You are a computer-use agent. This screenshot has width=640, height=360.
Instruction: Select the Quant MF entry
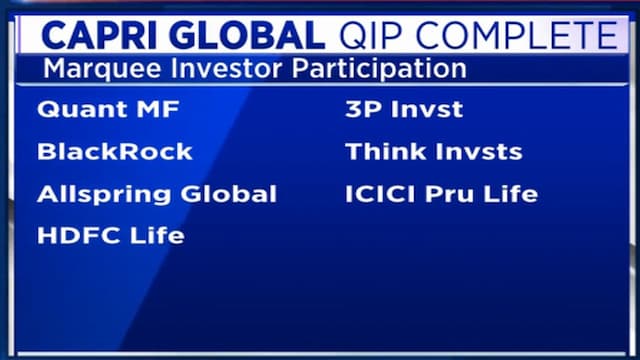pos(98,110)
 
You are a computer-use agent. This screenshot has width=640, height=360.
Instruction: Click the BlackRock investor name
pos(114,152)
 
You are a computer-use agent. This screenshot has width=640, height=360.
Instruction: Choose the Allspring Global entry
pos(156,194)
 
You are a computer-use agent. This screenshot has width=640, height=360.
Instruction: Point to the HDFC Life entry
pos(110,236)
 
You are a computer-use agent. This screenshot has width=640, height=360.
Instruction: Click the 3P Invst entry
pos(404,110)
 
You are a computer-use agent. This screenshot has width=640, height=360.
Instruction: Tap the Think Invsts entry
pos(433,152)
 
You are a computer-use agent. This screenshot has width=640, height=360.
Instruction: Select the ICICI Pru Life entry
pos(441,194)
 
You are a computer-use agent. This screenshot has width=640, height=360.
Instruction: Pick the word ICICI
pos(379,194)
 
